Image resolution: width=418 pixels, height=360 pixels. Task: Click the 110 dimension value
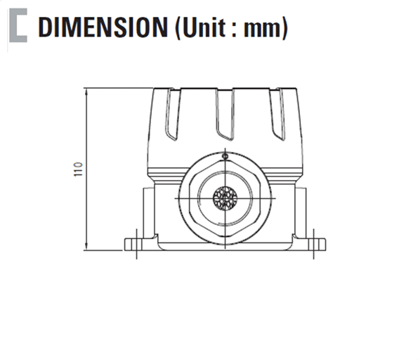[78, 169]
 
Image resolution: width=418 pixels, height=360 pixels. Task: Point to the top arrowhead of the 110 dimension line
[85, 91]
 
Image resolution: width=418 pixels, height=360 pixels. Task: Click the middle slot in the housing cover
[224, 116]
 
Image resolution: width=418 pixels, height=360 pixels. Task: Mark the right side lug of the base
[301, 211]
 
